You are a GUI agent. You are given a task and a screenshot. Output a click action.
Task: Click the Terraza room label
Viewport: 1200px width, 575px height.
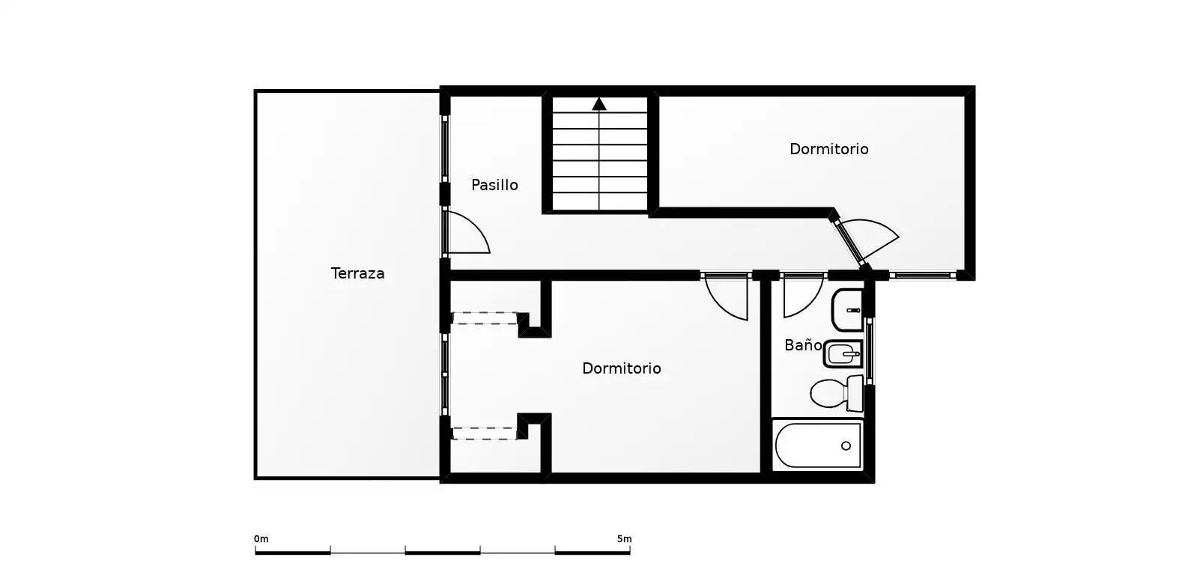pyautogui.click(x=357, y=273)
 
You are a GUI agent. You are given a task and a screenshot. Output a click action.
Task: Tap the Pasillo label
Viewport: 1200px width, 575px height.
pyautogui.click(x=494, y=185)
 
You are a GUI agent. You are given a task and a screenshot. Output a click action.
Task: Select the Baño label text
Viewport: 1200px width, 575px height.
pyautogui.click(x=802, y=345)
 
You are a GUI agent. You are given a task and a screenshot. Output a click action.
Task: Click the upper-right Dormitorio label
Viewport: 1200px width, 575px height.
pyautogui.click(x=828, y=149)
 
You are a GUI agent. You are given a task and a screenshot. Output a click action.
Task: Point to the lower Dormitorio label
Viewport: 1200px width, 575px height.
pyautogui.click(x=622, y=368)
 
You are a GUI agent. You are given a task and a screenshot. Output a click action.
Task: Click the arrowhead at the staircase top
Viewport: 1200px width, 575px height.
pyautogui.click(x=599, y=104)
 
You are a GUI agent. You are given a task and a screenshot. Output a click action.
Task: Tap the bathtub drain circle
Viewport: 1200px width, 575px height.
pyautogui.click(x=846, y=445)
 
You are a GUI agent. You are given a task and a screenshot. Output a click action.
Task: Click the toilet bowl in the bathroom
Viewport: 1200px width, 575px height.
pyautogui.click(x=836, y=394)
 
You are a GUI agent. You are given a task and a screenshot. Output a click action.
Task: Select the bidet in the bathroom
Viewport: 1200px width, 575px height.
pyautogui.click(x=843, y=354)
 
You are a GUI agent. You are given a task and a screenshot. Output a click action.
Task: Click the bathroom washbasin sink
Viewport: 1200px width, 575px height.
pyautogui.click(x=847, y=310)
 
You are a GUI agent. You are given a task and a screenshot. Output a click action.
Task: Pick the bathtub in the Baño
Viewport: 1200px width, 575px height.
pyautogui.click(x=817, y=445)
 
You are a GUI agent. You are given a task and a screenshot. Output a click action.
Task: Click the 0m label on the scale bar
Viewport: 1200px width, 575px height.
pyautogui.click(x=261, y=538)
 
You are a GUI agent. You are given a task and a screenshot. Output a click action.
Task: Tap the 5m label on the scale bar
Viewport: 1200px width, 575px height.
pyautogui.click(x=625, y=538)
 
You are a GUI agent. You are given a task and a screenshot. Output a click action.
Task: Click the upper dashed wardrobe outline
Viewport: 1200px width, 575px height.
pyautogui.click(x=485, y=318)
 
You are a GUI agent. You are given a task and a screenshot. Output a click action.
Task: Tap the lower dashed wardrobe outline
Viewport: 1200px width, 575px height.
pyautogui.click(x=485, y=433)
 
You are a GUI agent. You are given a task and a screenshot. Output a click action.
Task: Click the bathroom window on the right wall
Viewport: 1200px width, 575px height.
pyautogui.click(x=869, y=351)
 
